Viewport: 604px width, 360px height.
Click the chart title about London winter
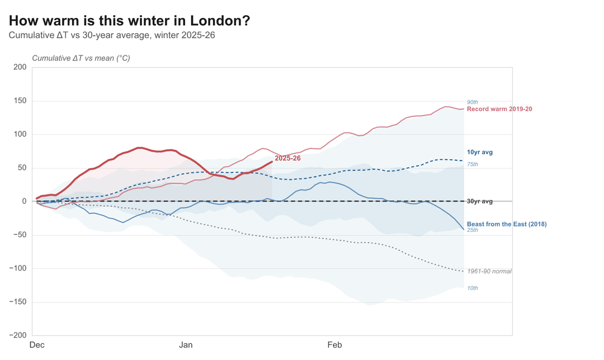(x=129, y=21)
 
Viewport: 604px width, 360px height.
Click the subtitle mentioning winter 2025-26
(x=112, y=35)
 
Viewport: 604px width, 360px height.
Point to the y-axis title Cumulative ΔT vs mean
(x=81, y=58)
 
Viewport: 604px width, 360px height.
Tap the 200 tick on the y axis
(x=20, y=67)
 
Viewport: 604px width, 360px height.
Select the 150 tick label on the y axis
(x=20, y=101)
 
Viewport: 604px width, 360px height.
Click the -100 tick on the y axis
(x=18, y=269)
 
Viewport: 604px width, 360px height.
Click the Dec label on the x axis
(x=37, y=345)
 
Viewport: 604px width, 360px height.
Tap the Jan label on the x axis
(x=186, y=345)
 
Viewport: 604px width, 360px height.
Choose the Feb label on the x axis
(x=334, y=345)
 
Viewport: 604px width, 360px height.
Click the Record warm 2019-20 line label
(x=499, y=109)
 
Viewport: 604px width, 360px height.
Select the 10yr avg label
(x=480, y=152)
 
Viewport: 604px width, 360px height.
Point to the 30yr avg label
(x=480, y=201)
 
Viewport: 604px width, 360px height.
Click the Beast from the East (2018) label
(x=507, y=224)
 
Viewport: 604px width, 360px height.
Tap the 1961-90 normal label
(x=489, y=271)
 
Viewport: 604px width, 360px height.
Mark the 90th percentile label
(x=473, y=102)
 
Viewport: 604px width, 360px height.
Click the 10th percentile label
(x=473, y=288)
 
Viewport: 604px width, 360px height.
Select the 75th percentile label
(x=473, y=164)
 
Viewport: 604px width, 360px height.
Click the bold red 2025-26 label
(x=287, y=158)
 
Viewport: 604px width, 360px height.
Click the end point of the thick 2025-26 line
(x=272, y=162)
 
